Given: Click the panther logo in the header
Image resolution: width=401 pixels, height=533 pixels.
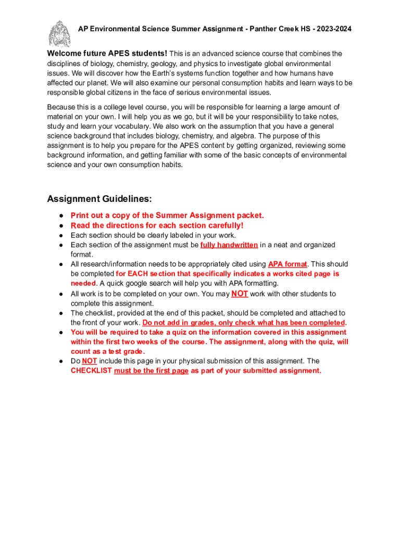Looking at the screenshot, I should click(59, 33).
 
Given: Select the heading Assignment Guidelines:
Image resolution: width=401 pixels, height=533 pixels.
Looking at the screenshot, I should click(99, 199).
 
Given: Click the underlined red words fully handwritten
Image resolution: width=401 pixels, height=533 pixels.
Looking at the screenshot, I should click(229, 245).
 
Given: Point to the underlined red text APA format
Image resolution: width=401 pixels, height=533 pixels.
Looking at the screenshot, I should click(287, 264).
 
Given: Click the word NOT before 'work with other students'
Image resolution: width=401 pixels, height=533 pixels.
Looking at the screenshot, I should click(240, 294).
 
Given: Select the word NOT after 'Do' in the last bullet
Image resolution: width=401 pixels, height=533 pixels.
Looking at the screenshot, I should click(90, 361).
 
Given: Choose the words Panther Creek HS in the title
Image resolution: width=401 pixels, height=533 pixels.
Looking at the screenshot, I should click(272, 29).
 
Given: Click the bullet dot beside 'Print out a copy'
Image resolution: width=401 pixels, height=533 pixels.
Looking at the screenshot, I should click(61, 215).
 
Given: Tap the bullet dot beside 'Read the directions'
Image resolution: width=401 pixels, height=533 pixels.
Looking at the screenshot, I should click(61, 225).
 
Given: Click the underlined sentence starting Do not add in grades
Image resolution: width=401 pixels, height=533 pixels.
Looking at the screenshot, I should click(244, 322).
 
